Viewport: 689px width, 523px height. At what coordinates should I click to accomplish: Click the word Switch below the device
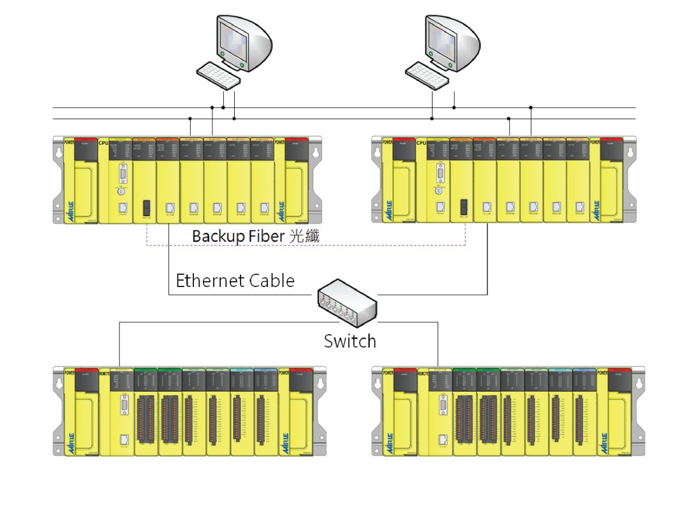[350, 341]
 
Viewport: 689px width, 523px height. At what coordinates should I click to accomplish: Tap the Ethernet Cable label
[235, 281]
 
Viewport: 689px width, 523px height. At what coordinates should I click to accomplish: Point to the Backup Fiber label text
[255, 236]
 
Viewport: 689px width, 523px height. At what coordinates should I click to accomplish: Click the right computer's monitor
[450, 41]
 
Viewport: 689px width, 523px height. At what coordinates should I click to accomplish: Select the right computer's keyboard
[428, 75]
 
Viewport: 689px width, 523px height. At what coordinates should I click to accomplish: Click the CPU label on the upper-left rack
[103, 142]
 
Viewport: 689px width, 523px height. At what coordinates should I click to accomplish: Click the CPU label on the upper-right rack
[422, 142]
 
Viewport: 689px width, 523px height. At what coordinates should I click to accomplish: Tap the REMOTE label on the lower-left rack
[104, 372]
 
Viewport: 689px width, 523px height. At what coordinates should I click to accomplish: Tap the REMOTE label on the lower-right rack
[423, 372]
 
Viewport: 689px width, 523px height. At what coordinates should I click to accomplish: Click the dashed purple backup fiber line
[306, 245]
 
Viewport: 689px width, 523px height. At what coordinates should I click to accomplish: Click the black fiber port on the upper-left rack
[146, 207]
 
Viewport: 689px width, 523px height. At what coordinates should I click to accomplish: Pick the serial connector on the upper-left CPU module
[122, 173]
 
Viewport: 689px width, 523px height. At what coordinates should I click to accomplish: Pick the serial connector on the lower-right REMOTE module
[441, 404]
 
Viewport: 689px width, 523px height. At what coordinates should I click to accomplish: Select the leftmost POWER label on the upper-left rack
[69, 142]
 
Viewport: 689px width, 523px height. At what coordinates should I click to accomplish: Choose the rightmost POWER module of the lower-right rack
[619, 411]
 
